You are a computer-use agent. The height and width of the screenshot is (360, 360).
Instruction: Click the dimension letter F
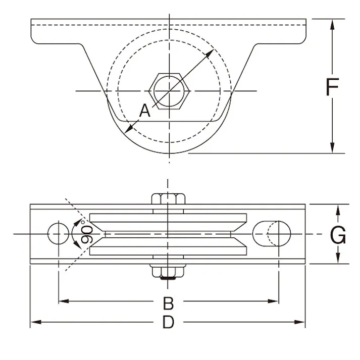click(332, 87)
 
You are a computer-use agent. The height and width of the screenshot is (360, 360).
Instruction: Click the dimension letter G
click(338, 235)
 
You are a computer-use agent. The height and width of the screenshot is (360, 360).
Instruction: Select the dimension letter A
click(145, 111)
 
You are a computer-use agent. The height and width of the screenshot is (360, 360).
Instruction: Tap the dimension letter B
click(168, 303)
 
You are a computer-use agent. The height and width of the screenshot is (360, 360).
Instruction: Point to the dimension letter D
click(168, 323)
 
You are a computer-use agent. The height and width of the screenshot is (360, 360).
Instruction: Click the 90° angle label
click(86, 234)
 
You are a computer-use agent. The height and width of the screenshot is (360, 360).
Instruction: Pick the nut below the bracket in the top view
click(169, 272)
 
